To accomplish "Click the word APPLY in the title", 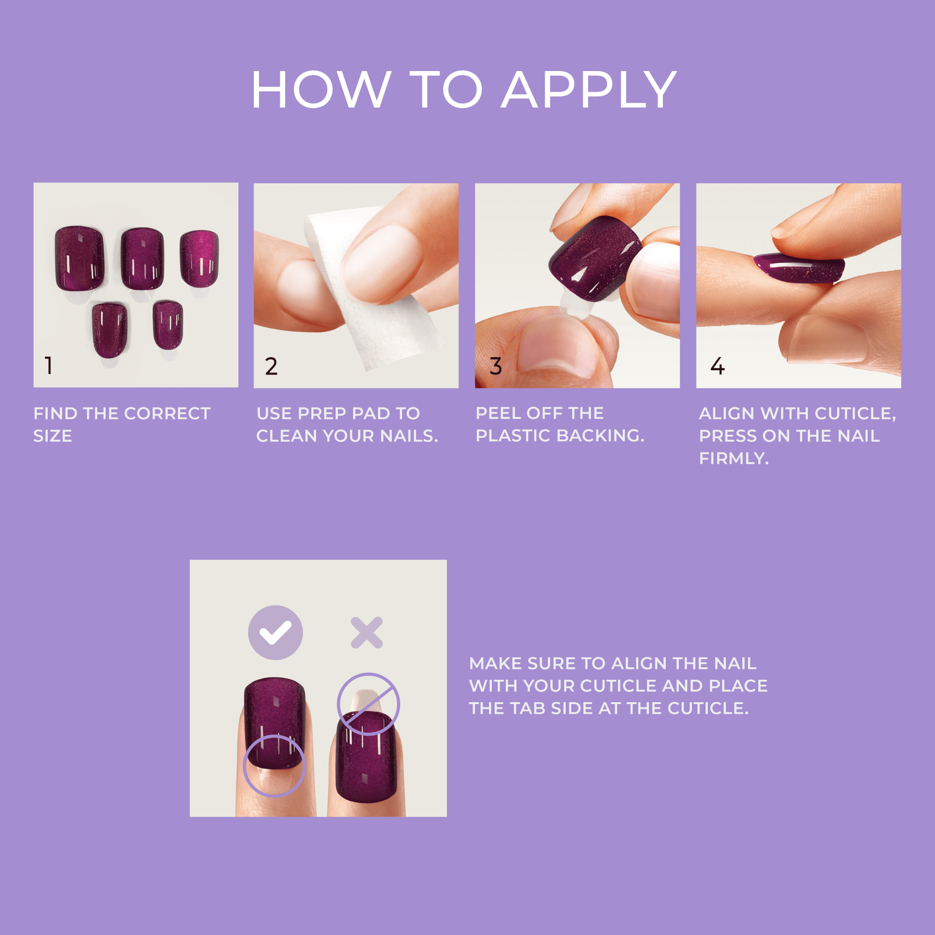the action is (x=589, y=90).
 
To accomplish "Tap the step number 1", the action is (x=49, y=366).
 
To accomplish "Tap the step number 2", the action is (x=271, y=367).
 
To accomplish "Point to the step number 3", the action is (x=496, y=367).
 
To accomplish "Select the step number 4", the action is (x=717, y=367).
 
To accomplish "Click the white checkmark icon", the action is (x=275, y=633).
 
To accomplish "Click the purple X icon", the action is (x=367, y=633).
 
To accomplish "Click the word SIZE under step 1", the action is (x=53, y=436).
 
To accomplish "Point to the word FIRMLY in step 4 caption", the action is (x=734, y=458).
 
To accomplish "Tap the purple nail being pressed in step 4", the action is (x=798, y=269).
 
